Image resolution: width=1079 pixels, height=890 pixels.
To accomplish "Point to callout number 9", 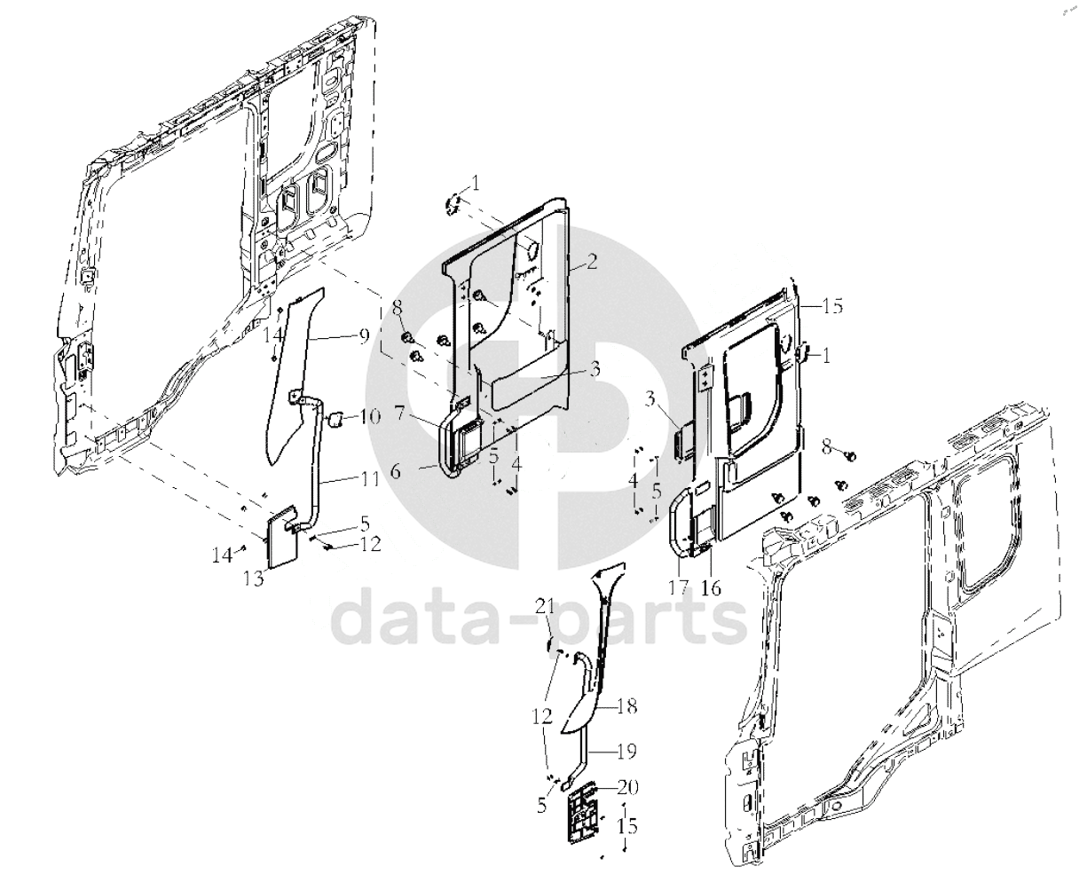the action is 364,335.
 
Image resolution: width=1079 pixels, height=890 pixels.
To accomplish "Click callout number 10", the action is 370,416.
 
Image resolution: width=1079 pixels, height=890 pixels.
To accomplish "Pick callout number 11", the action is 369,479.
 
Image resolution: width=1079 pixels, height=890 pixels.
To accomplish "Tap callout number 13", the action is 255,579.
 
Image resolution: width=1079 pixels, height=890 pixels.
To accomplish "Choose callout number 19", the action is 626,752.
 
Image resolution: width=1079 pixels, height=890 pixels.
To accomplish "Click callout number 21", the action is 545,606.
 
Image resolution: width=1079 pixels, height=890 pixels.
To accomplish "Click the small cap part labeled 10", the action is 336,418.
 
